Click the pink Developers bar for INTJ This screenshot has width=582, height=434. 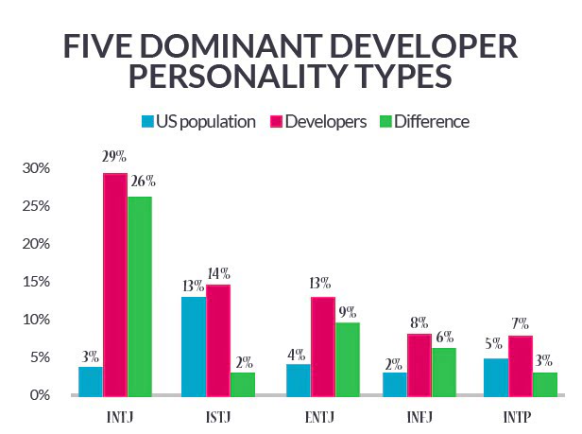(114, 284)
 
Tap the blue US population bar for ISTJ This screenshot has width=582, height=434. (194, 345)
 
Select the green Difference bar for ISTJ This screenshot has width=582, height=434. (244, 383)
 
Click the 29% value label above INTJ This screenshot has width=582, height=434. (115, 155)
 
